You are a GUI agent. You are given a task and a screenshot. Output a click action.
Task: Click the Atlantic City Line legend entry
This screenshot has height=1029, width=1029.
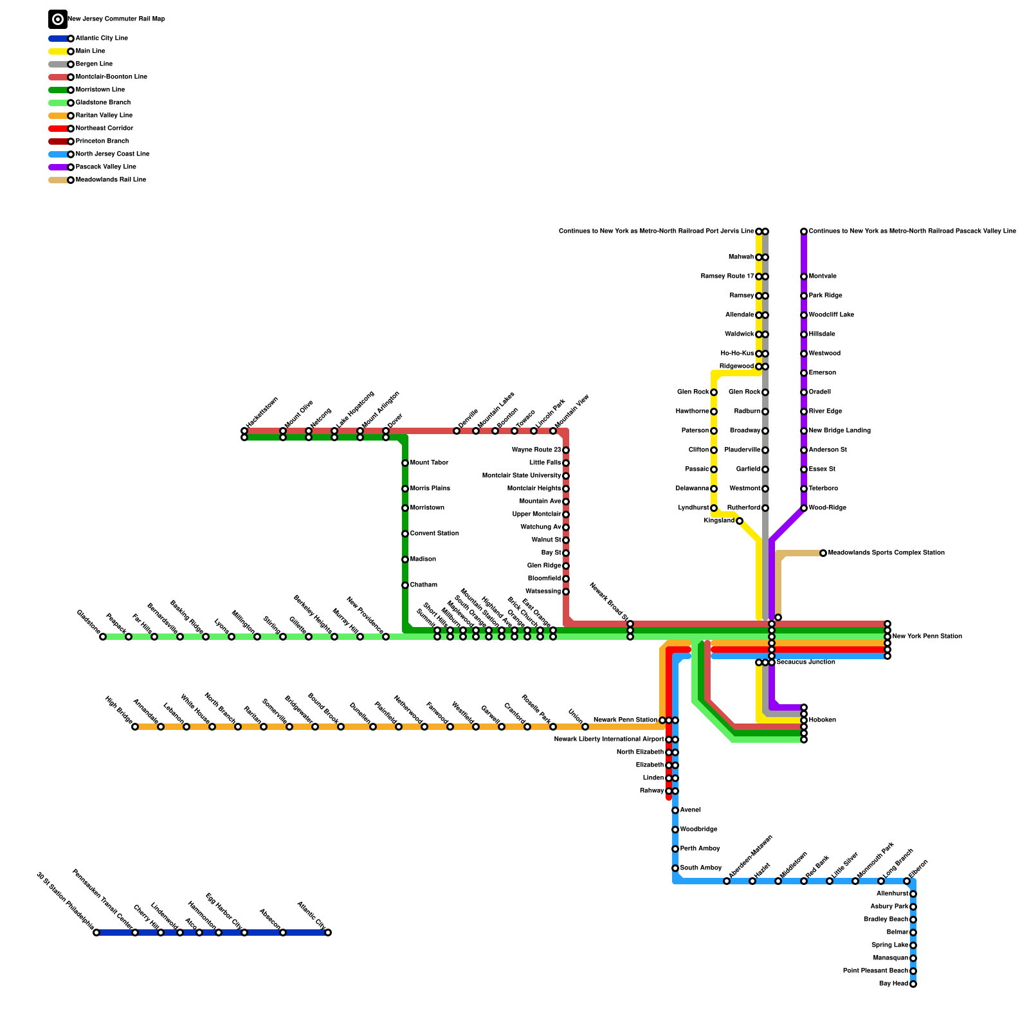101,39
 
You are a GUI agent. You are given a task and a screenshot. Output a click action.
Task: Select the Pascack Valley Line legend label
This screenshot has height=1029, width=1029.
105,167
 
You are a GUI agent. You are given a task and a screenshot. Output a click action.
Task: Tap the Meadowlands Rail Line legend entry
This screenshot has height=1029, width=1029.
111,180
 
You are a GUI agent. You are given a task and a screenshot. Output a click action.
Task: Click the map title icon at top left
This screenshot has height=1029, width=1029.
58,19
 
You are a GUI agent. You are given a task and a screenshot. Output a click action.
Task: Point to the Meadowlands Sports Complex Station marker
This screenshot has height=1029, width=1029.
823,553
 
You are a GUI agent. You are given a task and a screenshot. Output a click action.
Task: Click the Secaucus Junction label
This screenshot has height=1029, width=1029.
805,662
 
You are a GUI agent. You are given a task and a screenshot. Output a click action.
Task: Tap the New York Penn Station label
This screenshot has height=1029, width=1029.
927,637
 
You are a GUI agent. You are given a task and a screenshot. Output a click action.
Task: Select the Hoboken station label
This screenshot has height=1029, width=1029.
822,720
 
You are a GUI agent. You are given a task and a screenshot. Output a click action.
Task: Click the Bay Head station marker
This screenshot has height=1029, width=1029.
913,984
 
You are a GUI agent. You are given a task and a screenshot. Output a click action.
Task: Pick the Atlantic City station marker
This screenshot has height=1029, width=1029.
328,933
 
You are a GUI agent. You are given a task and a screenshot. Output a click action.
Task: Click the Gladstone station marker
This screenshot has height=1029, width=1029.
103,637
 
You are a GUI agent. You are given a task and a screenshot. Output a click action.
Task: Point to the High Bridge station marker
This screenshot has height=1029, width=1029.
135,727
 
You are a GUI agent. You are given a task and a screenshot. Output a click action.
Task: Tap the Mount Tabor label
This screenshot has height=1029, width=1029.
429,463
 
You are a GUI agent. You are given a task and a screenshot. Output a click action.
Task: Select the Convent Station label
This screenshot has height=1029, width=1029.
434,534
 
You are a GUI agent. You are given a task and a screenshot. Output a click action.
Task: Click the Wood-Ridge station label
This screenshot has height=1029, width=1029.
827,508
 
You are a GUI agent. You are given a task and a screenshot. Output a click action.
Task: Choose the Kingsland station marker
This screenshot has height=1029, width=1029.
740,521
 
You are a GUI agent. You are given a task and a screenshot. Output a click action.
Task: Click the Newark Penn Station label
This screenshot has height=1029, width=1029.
625,720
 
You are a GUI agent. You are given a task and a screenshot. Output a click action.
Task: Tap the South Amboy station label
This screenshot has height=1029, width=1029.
700,868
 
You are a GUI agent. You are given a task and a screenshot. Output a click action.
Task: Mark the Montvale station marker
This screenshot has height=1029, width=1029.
804,277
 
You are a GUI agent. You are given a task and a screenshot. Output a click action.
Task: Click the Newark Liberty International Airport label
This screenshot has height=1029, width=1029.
608,740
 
